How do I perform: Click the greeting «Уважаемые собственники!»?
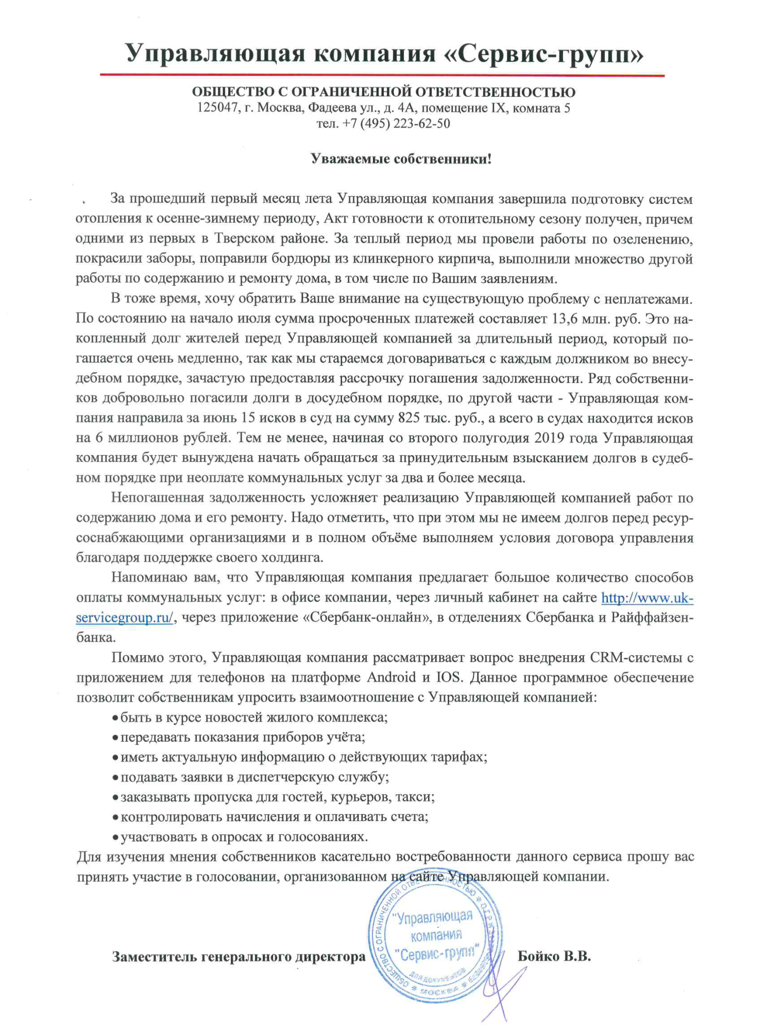401,159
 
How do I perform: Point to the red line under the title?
382,76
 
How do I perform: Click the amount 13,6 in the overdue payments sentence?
562,319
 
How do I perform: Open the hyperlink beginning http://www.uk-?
647,598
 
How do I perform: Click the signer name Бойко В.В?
554,956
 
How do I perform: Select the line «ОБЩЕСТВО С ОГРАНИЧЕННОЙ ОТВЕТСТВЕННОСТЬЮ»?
383,93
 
